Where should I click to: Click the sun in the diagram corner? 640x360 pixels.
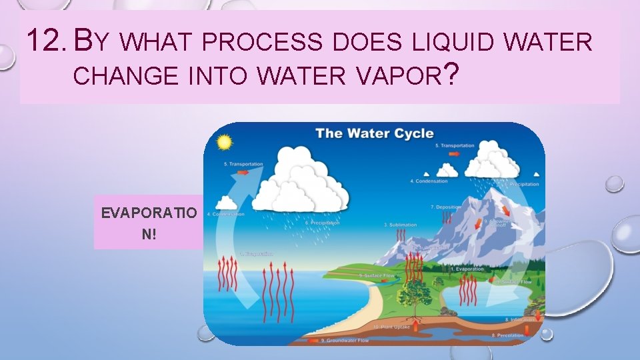click(x=223, y=142)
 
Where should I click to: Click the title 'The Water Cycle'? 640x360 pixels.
click(x=374, y=133)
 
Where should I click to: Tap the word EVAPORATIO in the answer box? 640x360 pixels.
click(x=149, y=213)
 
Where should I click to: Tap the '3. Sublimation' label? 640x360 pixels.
click(x=400, y=225)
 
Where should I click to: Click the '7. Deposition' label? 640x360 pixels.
click(x=445, y=207)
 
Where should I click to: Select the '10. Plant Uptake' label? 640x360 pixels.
click(x=391, y=327)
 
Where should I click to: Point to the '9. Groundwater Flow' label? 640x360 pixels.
click(x=346, y=340)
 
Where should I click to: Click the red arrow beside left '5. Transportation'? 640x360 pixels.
click(x=243, y=172)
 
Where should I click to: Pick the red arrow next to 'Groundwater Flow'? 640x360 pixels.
click(x=313, y=340)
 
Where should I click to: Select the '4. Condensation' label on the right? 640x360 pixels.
click(x=428, y=181)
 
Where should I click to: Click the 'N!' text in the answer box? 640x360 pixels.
click(x=149, y=234)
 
